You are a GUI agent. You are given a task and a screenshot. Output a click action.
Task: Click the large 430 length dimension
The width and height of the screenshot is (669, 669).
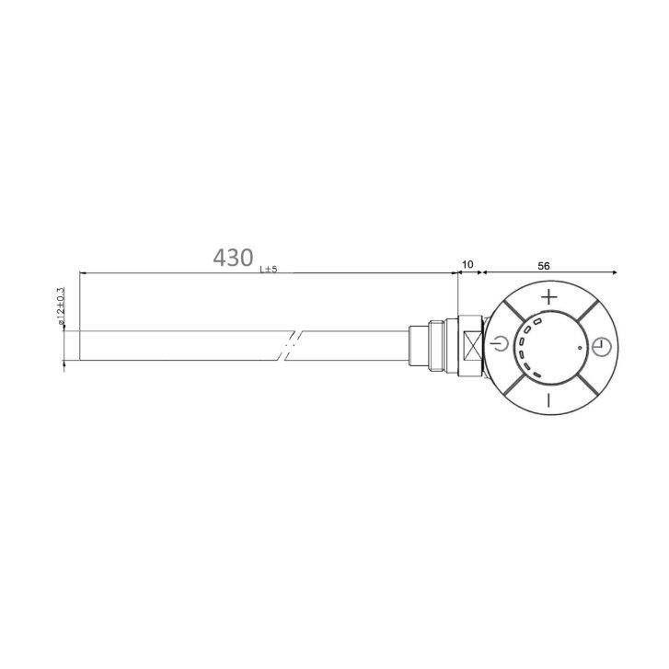(x=233, y=258)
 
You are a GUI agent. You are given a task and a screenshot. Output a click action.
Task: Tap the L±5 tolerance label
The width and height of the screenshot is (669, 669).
(x=269, y=270)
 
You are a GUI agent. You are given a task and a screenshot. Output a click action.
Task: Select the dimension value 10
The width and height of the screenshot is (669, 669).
(x=467, y=264)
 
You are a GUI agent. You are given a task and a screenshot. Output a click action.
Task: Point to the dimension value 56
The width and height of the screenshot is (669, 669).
(x=544, y=266)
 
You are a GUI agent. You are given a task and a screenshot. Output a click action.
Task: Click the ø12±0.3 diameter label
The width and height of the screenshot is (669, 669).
(x=60, y=306)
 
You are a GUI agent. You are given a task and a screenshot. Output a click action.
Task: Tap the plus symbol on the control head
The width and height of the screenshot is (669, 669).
(x=549, y=296)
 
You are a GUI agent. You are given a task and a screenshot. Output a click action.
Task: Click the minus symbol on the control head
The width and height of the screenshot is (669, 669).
(x=548, y=400)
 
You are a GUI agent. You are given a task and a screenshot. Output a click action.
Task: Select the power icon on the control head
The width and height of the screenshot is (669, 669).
(x=500, y=343)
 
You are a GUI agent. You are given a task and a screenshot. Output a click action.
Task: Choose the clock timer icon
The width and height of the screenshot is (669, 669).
(x=602, y=346)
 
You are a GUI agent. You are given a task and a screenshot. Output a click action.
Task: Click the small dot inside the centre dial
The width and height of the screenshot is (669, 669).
(x=580, y=347)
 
